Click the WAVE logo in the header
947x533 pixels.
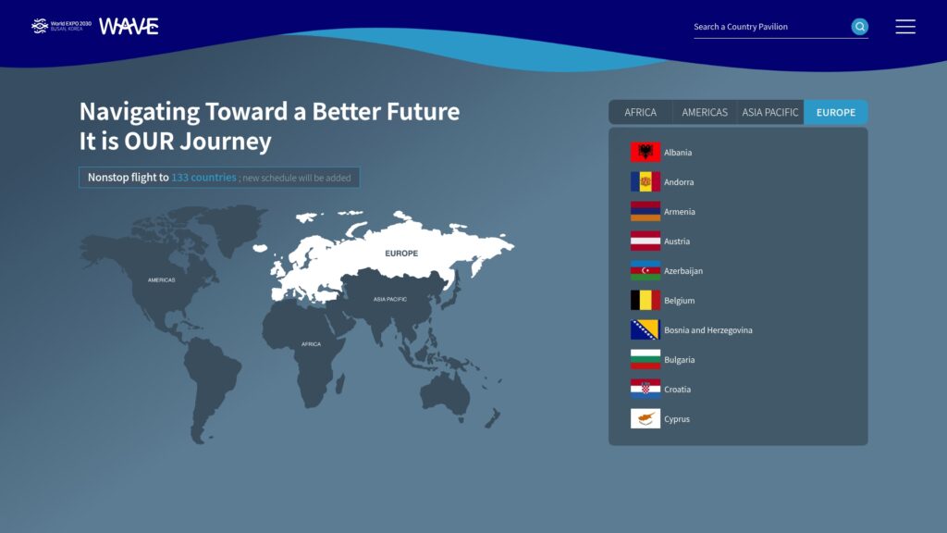tap(129, 26)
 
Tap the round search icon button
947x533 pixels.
tap(859, 27)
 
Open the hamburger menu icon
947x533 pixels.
tap(905, 27)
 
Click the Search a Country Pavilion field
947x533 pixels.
tap(771, 27)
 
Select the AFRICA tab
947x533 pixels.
tap(640, 112)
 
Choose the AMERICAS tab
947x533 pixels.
tap(704, 112)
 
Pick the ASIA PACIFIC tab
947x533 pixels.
tap(770, 112)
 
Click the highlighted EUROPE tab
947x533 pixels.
tap(836, 112)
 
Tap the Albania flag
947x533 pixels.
tap(645, 153)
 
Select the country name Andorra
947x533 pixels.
tap(679, 182)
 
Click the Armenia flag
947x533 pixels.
tap(645, 212)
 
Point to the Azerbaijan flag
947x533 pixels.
tap(645, 271)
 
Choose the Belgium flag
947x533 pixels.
tap(645, 301)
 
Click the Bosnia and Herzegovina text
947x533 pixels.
tap(707, 330)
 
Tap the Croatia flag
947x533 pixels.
tap(645, 390)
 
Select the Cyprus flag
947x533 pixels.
tap(645, 419)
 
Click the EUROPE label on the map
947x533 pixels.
tap(401, 254)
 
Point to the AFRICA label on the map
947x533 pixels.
tap(311, 344)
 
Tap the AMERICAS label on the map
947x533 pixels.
tap(161, 279)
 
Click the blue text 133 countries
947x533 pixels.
tap(203, 177)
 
